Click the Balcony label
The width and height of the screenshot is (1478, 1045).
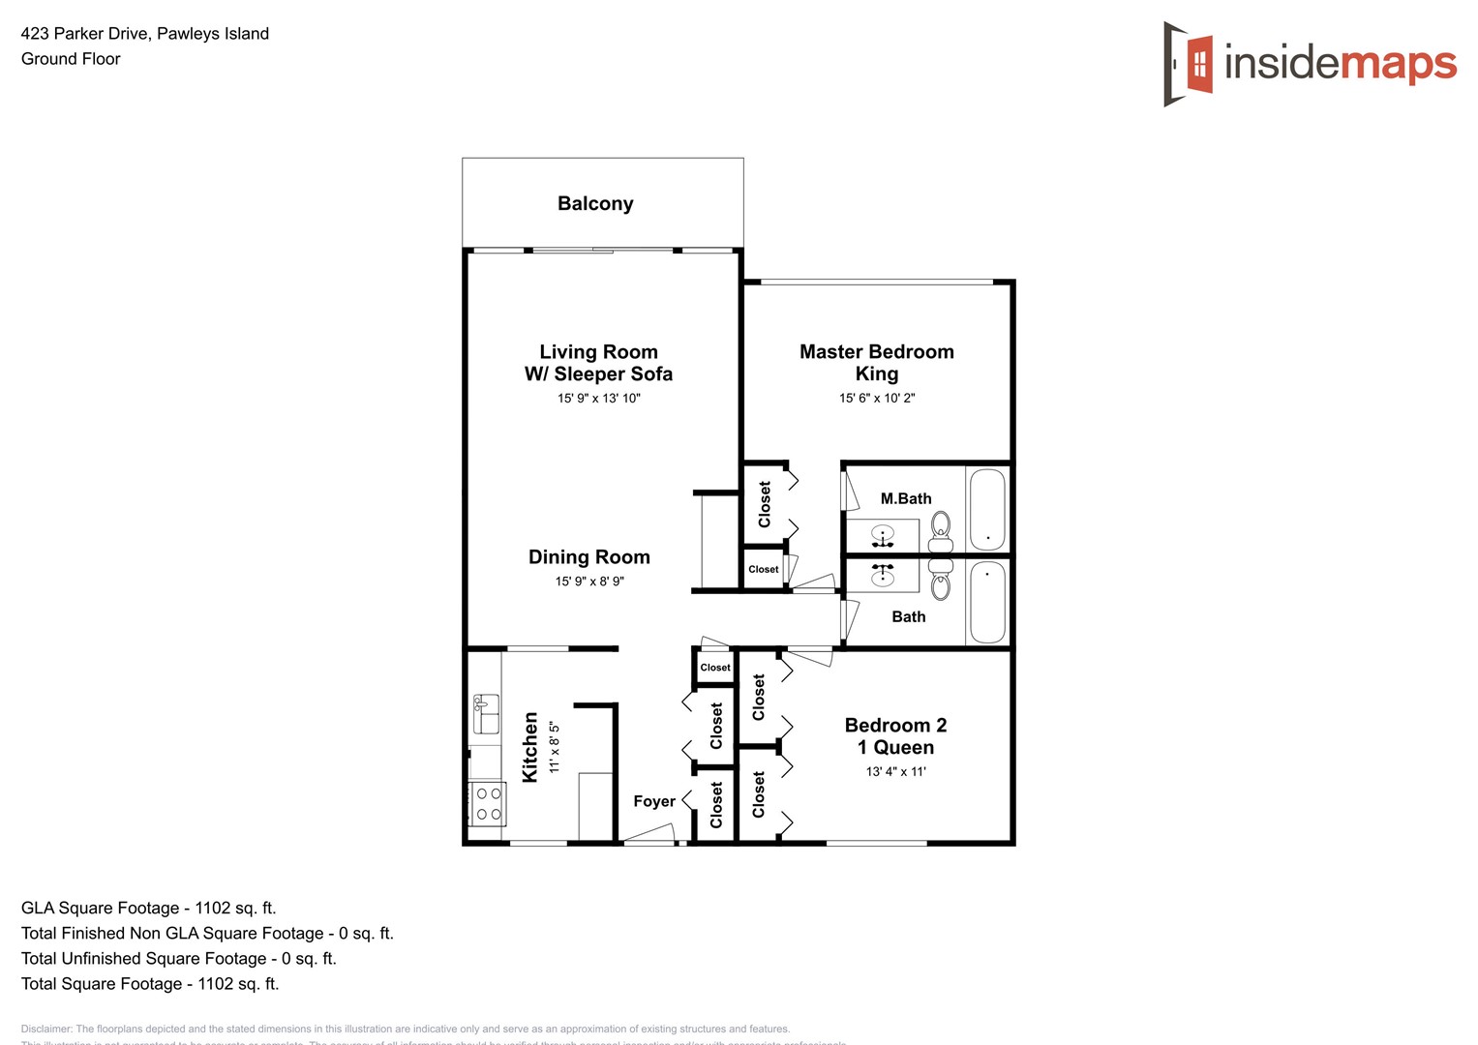click(595, 203)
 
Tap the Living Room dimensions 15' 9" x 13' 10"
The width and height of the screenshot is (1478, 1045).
click(598, 399)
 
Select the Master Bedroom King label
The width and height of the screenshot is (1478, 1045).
click(876, 363)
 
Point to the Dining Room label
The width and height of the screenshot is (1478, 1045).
click(588, 557)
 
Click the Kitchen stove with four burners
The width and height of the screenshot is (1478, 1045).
click(487, 803)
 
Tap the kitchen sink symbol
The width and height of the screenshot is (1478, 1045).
click(485, 714)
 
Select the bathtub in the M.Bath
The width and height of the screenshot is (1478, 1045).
click(987, 509)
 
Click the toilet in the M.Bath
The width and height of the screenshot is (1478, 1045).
click(941, 531)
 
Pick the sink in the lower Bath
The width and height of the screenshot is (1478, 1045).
click(882, 576)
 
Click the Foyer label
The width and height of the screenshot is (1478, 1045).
click(654, 801)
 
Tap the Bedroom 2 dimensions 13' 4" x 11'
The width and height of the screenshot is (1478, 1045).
click(895, 772)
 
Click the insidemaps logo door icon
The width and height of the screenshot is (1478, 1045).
click(1190, 64)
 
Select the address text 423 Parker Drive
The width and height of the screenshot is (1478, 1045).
click(145, 34)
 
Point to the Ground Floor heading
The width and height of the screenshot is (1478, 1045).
click(71, 59)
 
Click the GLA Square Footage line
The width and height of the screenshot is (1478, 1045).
click(148, 908)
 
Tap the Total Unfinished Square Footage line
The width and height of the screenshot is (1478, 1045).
click(178, 958)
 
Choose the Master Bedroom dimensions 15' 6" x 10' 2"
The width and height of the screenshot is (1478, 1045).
click(876, 399)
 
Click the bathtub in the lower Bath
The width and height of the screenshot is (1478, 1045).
click(987, 602)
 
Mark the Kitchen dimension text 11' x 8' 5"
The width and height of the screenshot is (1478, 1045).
click(554, 746)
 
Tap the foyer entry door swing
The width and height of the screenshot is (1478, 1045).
click(648, 833)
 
